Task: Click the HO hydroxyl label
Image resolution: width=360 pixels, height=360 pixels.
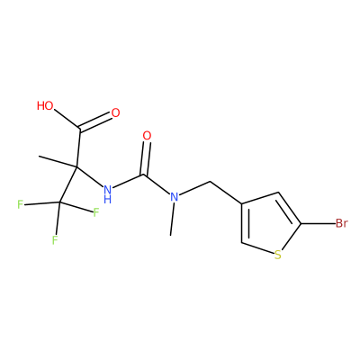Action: pyautogui.click(x=45, y=105)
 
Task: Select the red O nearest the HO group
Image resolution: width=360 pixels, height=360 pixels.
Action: pyautogui.click(x=115, y=113)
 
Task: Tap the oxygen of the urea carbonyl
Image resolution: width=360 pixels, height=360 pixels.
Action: pyautogui.click(x=147, y=136)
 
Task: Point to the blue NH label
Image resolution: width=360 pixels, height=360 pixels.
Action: pyautogui.click(x=108, y=193)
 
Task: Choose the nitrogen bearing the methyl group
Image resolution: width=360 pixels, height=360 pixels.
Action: pyautogui.click(x=175, y=197)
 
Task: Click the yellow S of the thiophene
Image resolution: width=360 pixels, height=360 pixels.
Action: pyautogui.click(x=278, y=255)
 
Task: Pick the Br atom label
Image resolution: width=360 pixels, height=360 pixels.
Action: pyautogui.click(x=341, y=223)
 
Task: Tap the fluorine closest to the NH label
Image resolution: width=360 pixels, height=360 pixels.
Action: pyautogui.click(x=96, y=212)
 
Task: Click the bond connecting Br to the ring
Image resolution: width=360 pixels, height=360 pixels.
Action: pyautogui.click(x=318, y=223)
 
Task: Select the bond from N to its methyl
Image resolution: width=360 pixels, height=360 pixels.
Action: pyautogui.click(x=173, y=219)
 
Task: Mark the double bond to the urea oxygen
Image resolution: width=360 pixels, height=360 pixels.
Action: pyautogui.click(x=146, y=158)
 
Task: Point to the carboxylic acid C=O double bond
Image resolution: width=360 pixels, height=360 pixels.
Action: pyautogui.click(x=95, y=122)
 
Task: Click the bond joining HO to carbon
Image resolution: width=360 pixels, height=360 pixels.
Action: pyautogui.click(x=67, y=120)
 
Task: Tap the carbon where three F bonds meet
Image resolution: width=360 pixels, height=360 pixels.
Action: pyautogui.click(x=59, y=202)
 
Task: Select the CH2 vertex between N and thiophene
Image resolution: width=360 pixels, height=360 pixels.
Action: pyautogui.click(x=210, y=182)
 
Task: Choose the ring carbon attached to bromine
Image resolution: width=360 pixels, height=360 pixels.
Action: pyautogui.click(x=301, y=223)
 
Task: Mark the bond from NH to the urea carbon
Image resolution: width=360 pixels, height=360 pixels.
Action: pyautogui.click(x=129, y=181)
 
